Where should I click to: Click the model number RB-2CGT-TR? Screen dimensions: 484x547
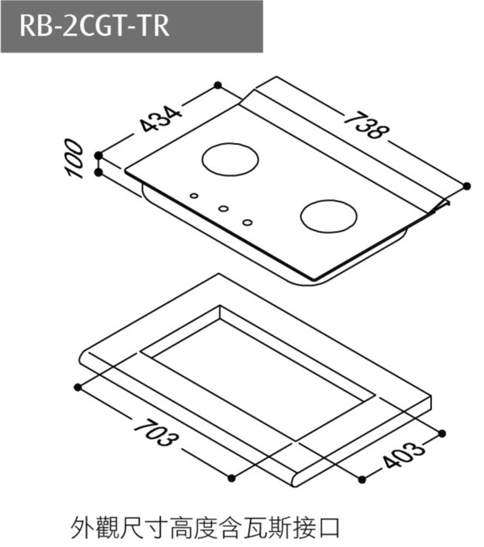(x=95, y=26)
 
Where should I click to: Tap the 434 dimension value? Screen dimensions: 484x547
(x=161, y=119)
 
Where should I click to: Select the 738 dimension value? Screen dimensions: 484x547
(x=366, y=126)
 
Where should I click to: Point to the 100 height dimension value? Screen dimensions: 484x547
(x=74, y=158)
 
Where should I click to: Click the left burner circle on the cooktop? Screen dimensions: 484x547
(x=230, y=159)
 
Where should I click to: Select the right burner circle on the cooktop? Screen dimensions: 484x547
(x=329, y=216)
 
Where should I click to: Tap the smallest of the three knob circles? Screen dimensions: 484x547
(x=194, y=196)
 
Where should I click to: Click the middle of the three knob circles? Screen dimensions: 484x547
(x=223, y=209)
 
